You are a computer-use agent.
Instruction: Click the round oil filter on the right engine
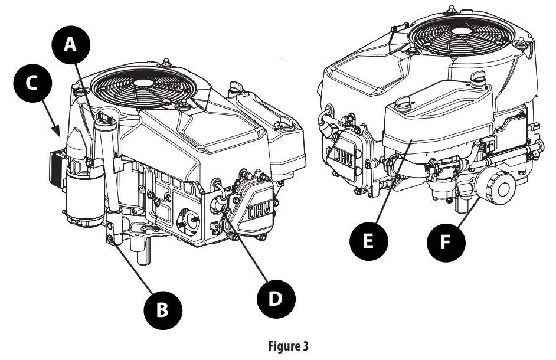[501, 187]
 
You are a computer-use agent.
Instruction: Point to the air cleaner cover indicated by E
[437, 127]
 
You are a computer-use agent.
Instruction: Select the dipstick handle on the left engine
[106, 121]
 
